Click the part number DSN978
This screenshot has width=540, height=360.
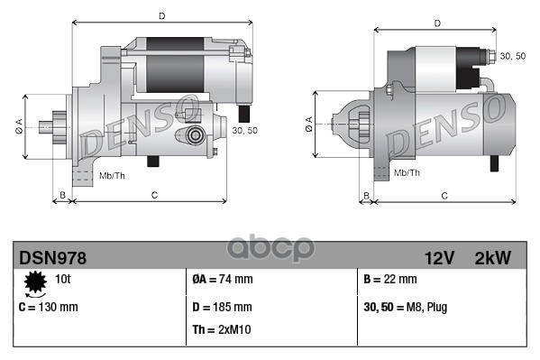pyautogui.click(x=52, y=258)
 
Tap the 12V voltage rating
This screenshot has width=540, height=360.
pyautogui.click(x=439, y=258)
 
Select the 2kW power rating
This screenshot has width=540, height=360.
pyautogui.click(x=493, y=258)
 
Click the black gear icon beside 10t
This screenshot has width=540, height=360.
pyautogui.click(x=35, y=282)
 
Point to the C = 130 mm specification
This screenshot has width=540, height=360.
pyautogui.click(x=48, y=307)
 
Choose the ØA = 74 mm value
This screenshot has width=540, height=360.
pyautogui.click(x=223, y=279)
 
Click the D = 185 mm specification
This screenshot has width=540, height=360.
pyautogui.click(x=222, y=307)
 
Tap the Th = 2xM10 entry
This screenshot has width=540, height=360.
pyautogui.click(x=222, y=329)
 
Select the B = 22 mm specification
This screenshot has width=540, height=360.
pyautogui.click(x=390, y=279)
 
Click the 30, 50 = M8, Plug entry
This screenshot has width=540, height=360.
pyautogui.click(x=406, y=308)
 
